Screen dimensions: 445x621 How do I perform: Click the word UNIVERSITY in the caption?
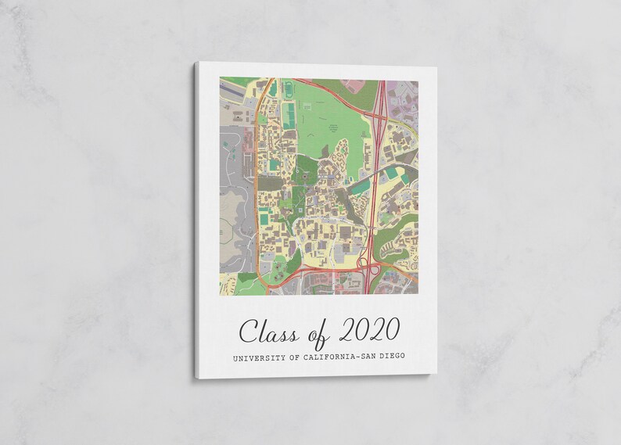[257, 358]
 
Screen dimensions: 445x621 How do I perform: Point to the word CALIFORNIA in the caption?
[333, 358]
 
